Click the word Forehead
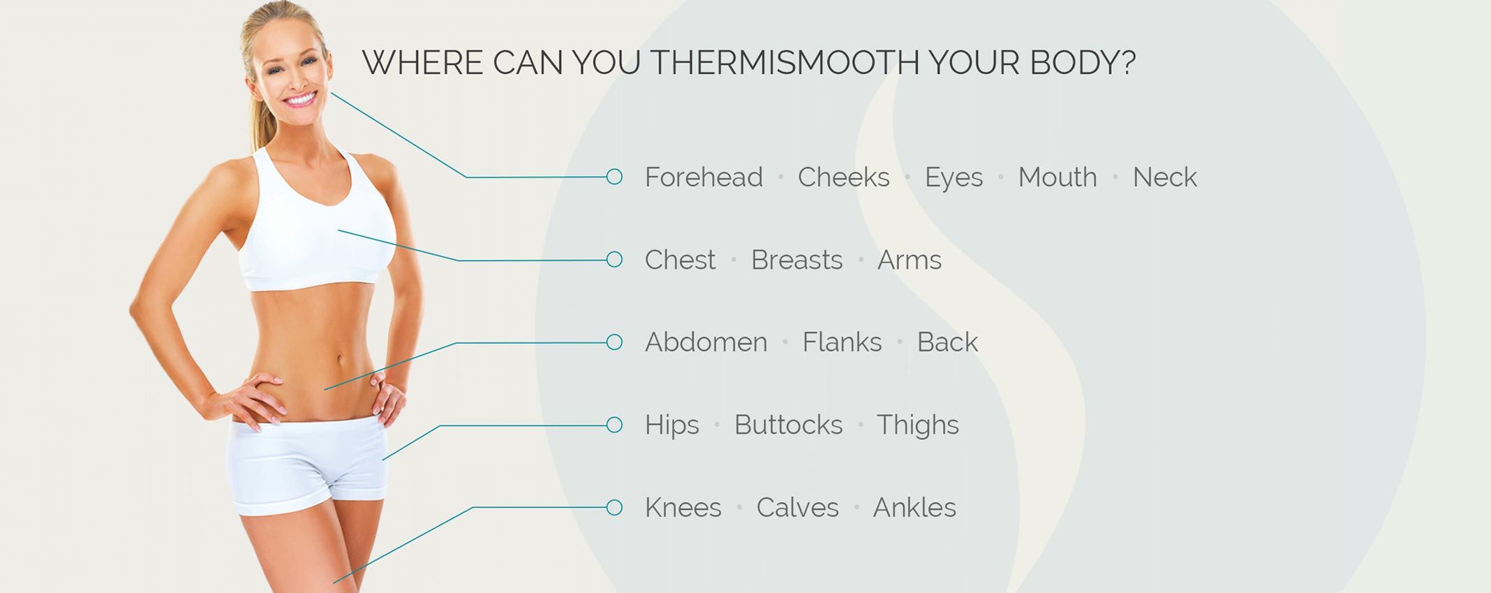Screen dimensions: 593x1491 coord(704,177)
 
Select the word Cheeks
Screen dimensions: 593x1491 coord(843,177)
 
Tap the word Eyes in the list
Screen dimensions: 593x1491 coord(954,178)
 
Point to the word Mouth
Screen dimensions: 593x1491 coord(1058,177)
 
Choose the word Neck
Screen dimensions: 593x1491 coord(1164,177)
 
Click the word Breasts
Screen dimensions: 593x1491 coord(796,260)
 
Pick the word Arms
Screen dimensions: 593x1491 coord(909,260)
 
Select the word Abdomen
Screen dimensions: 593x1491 coord(706,342)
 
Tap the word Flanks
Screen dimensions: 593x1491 coord(842,342)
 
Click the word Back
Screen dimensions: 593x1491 coord(947,342)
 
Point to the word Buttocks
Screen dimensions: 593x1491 coord(788,425)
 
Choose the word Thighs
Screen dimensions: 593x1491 coord(917,425)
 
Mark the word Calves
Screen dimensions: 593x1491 coord(797,508)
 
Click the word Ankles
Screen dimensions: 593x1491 coord(914,508)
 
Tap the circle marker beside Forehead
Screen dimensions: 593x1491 coord(614,177)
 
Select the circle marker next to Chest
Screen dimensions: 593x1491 coord(614,260)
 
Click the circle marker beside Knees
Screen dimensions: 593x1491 coord(614,508)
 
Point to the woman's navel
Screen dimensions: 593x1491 coord(341,360)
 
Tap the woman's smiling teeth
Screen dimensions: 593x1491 coord(300,99)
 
